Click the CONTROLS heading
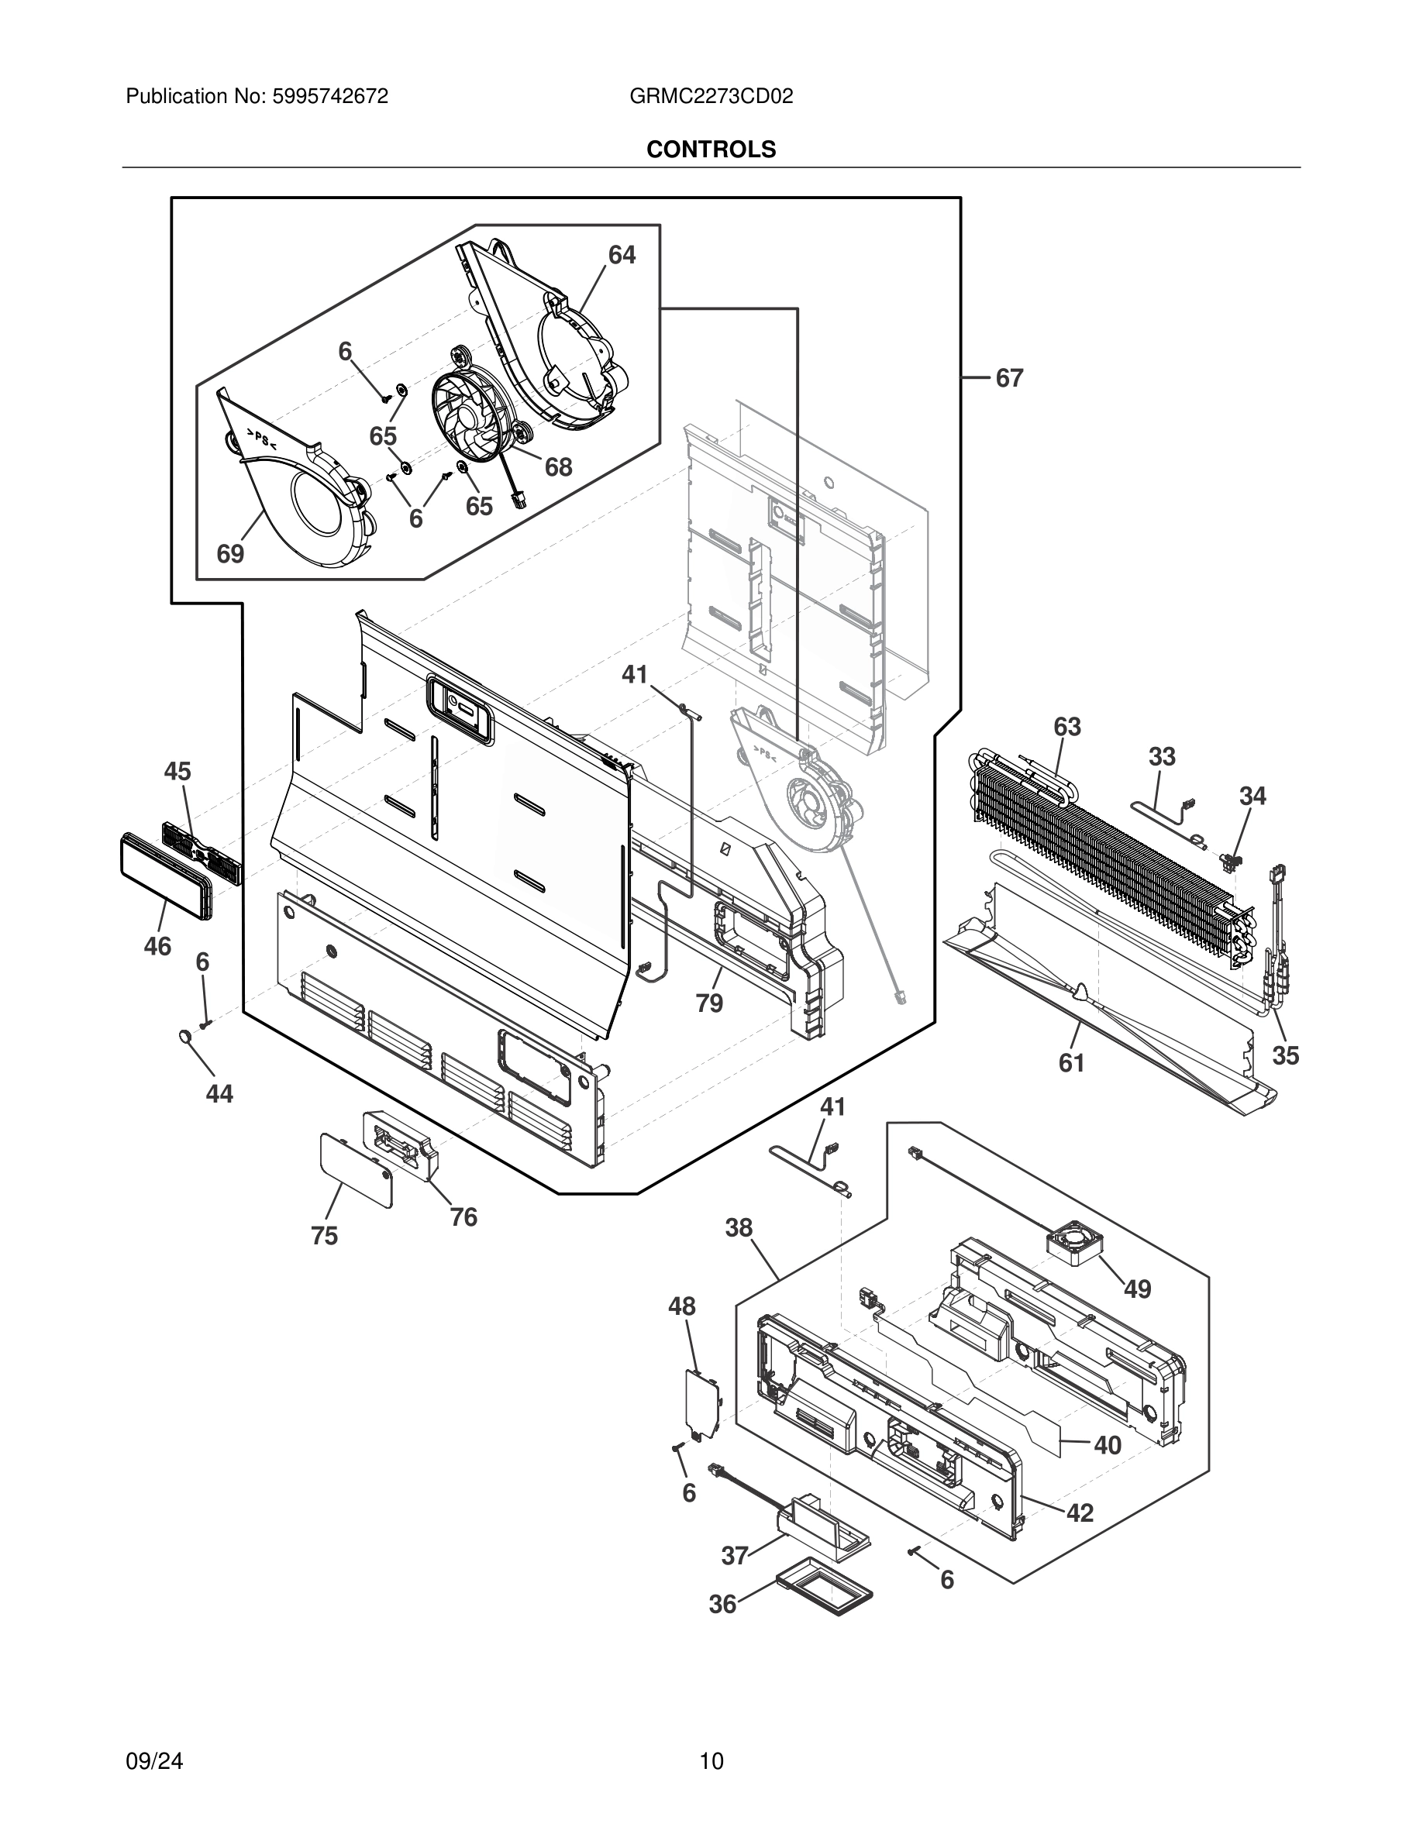[x=711, y=150]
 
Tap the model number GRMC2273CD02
[x=711, y=97]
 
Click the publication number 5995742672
[x=329, y=97]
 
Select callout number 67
[x=1009, y=378]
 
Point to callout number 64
[x=622, y=255]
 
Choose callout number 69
[x=230, y=554]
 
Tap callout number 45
[x=177, y=771]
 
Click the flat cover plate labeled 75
[x=356, y=1168]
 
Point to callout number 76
[x=463, y=1217]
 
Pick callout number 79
[x=709, y=1003]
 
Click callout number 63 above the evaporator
[x=1066, y=727]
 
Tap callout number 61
[x=1070, y=1064]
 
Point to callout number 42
[x=1080, y=1512]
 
